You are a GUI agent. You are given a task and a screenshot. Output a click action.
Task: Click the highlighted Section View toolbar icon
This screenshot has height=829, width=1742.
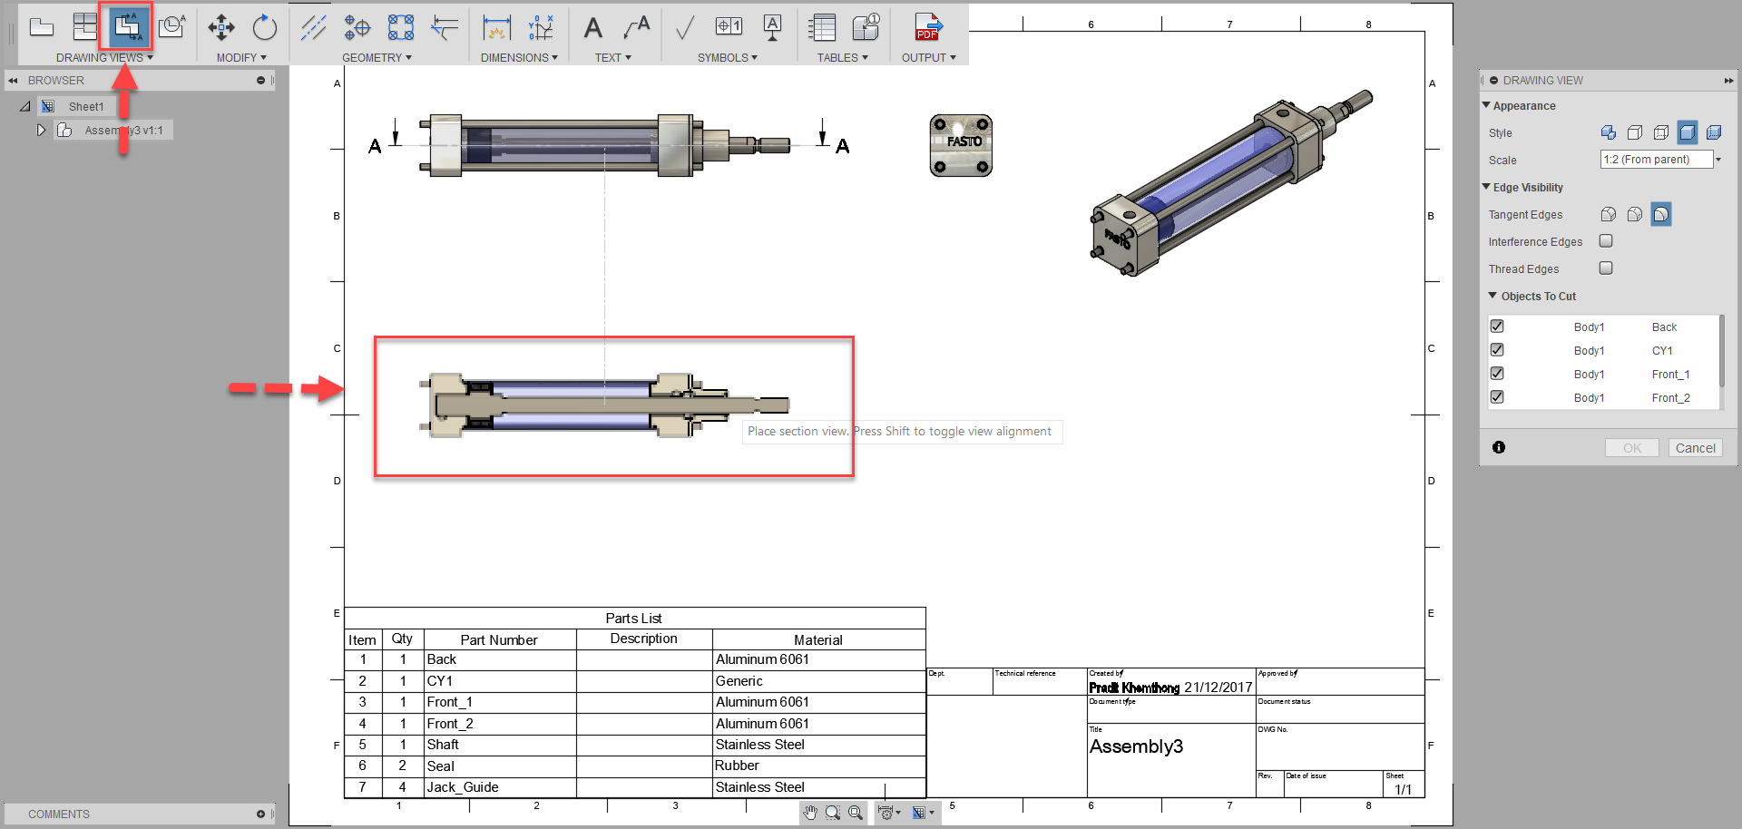127,27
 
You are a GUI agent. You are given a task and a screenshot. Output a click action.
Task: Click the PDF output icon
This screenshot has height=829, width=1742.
927,27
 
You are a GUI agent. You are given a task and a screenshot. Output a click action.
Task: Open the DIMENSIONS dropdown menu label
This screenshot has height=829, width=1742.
519,57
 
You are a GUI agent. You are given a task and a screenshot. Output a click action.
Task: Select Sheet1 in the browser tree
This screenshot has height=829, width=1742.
86,106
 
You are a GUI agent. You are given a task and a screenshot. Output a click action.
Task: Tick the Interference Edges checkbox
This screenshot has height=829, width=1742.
1606,241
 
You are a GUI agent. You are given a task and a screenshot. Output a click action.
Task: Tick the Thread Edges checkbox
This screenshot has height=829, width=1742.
1606,268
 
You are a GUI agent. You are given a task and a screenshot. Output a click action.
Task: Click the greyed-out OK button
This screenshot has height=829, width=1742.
1631,448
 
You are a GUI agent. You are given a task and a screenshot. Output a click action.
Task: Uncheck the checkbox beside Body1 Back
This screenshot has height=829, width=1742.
1497,327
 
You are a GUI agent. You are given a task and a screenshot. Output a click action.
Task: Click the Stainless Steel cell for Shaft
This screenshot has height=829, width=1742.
760,745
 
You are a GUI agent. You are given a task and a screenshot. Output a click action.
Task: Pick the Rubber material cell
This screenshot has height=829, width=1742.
737,766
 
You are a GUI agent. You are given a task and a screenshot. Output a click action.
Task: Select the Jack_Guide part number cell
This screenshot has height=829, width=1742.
463,787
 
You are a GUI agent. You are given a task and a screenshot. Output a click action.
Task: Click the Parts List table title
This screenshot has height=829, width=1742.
633,619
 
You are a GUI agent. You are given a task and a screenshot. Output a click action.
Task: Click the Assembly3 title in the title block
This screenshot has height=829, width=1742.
1136,746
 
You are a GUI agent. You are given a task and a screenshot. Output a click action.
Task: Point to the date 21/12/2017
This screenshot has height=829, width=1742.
1218,688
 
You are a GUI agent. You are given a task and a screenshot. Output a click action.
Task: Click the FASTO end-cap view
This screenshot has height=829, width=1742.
961,145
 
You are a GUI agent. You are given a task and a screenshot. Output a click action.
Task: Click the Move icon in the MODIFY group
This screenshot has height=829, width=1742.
221,27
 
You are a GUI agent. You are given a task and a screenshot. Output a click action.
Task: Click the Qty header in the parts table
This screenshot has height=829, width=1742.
402,639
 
